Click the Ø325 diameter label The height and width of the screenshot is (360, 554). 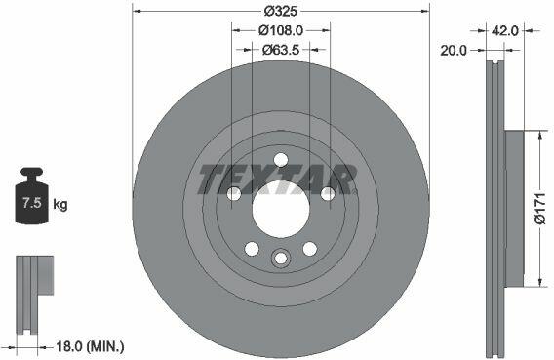pos(281,12)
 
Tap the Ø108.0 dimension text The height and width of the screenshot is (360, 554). pos(281,31)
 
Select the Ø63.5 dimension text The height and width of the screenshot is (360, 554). pos(281,50)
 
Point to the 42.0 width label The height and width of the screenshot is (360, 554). pos(505,31)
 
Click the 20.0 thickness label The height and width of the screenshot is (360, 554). pos(454,51)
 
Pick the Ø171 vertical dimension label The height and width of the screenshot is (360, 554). pos(540,209)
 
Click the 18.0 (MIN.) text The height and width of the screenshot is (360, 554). pos(91,346)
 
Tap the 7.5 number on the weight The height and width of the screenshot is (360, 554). pos(32,203)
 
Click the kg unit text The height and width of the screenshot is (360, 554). pos(60,204)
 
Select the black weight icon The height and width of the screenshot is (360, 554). pos(32,195)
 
